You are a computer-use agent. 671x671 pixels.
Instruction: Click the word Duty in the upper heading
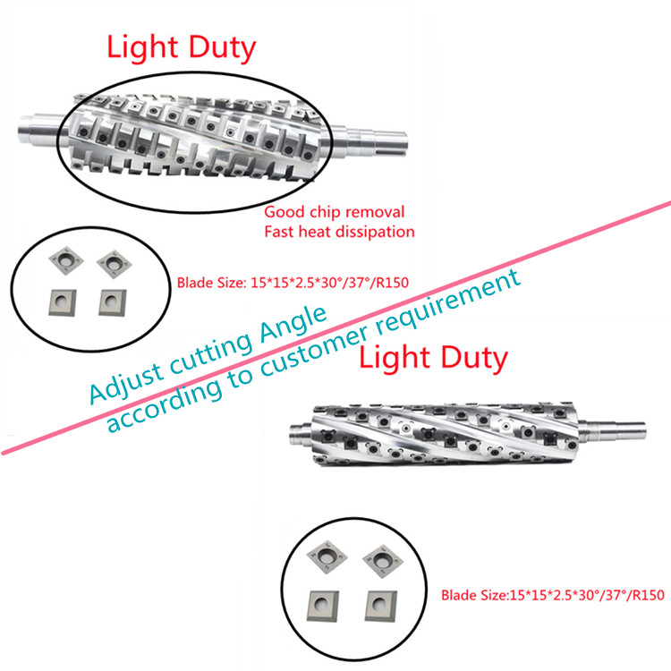point(222,48)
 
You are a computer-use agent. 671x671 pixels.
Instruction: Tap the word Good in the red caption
point(285,212)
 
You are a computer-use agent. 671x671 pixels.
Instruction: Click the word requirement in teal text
point(448,305)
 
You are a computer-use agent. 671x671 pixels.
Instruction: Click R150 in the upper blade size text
point(393,283)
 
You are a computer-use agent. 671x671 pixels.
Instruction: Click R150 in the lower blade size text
point(649,595)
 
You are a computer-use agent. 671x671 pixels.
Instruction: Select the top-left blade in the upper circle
point(66,259)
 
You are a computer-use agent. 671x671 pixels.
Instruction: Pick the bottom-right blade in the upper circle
point(113,302)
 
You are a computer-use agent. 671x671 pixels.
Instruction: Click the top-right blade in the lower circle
point(383,561)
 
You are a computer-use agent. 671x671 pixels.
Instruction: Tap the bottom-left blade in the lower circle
point(324,606)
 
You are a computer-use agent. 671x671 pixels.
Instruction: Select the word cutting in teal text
point(211,352)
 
